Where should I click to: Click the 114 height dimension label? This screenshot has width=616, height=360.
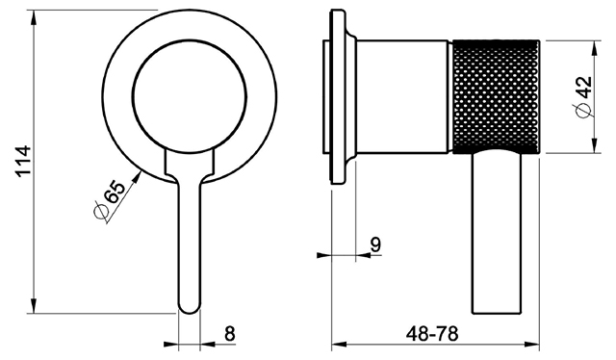point(23,162)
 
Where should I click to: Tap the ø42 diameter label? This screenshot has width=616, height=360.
point(584,96)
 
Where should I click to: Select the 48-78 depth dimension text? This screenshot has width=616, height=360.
point(432,334)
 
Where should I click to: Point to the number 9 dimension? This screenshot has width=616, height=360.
point(375,244)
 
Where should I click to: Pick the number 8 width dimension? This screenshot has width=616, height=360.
point(230,334)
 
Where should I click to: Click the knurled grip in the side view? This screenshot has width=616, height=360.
point(497,96)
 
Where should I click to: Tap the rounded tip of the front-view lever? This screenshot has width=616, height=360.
point(190,309)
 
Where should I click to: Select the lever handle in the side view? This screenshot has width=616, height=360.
point(497,232)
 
